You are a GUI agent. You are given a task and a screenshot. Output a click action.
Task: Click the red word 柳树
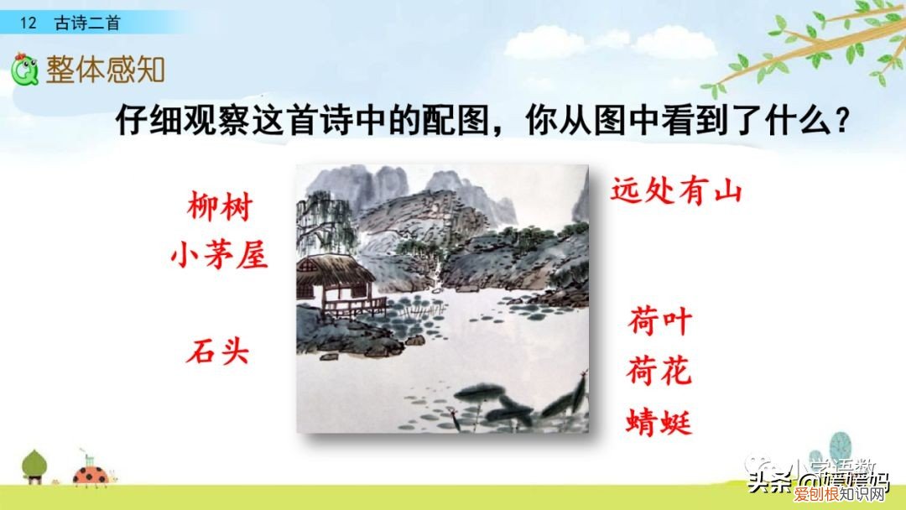coord(220,207)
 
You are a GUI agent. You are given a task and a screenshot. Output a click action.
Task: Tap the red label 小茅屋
coord(219,252)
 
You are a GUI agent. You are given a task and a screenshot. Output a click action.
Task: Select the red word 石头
coord(218,350)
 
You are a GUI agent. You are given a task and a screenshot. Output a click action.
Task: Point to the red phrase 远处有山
coord(677,190)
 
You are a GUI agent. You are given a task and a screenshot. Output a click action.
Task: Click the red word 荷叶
coord(660,322)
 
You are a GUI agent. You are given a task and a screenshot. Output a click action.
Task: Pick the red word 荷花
coord(660,371)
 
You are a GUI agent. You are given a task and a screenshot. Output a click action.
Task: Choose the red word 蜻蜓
coord(660,421)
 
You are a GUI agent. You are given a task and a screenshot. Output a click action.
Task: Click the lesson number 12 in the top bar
coord(29,23)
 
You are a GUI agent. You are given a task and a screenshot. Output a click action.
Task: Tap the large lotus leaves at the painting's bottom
coord(503,403)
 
